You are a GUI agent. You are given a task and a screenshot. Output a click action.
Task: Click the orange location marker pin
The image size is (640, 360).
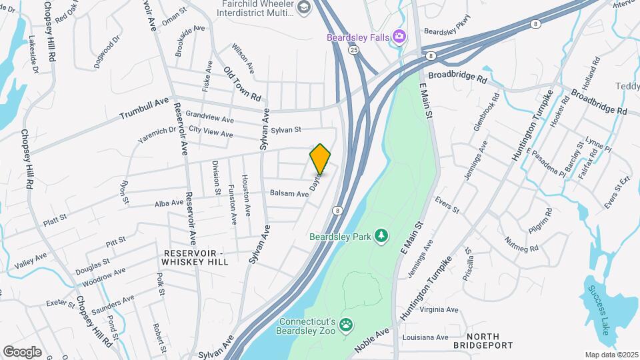click(320, 159)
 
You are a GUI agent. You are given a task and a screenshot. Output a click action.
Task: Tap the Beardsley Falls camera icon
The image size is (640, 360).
click(399, 37)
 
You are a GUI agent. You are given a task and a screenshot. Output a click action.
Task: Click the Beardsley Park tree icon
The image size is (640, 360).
click(381, 235)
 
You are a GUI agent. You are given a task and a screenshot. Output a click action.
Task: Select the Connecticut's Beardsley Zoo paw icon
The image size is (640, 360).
click(346, 325)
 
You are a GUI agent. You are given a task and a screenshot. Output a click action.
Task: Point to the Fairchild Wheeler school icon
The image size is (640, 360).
click(304, 7)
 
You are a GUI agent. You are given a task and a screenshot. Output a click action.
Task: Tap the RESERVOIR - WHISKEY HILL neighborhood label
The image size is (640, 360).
click(195, 257)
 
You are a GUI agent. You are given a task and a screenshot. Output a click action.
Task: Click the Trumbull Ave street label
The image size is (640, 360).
click(145, 109)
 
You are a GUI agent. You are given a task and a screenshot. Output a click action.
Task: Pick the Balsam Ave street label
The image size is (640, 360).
click(289, 193)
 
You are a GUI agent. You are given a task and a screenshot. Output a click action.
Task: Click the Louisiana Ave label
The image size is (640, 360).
click(425, 337)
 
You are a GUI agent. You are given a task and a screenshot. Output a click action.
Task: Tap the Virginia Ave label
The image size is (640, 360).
click(439, 309)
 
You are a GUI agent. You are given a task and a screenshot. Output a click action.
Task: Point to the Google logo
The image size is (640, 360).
click(23, 351)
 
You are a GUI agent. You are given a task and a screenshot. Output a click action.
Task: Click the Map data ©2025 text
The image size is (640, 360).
click(611, 355)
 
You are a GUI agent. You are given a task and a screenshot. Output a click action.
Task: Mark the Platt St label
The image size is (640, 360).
click(55, 217)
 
